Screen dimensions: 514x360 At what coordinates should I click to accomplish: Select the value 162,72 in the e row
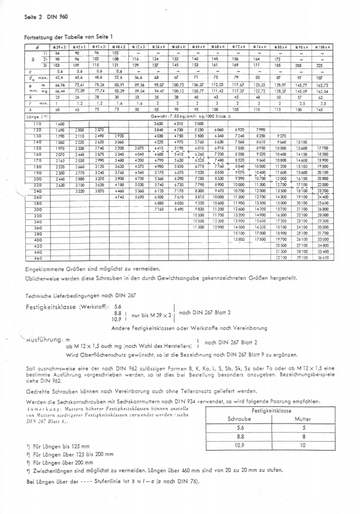pos(322,85)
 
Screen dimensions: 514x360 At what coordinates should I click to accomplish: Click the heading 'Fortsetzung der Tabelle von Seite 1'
pos(69,36)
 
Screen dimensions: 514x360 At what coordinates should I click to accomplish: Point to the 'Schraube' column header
pos(239,419)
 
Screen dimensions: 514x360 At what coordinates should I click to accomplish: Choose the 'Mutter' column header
pos(303,419)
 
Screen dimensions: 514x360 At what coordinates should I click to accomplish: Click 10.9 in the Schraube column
pos(239,445)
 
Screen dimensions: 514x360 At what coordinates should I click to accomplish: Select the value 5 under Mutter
pos(303,427)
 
